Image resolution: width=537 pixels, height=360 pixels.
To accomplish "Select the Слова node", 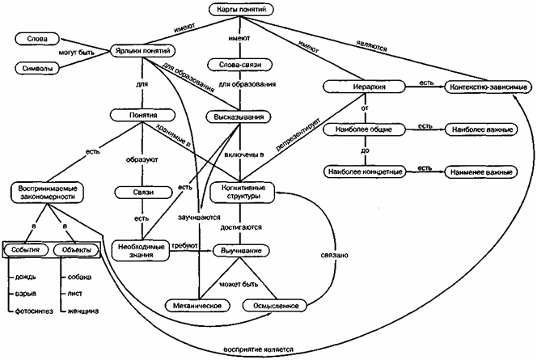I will point(37,38).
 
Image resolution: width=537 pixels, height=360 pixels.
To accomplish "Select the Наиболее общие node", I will point(361,129).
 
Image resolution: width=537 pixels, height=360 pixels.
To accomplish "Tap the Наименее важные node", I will point(480,172).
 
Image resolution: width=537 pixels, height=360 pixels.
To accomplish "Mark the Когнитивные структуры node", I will point(241,193).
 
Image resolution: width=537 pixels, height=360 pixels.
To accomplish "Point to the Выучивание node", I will point(240,251).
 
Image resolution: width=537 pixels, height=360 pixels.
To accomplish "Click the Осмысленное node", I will point(282,305).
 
